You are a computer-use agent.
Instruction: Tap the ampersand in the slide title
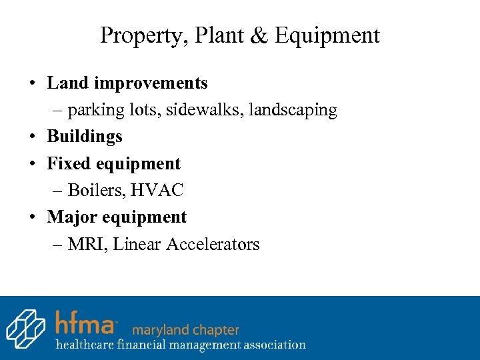pyautogui.click(x=258, y=35)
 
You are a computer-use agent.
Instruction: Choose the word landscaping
pyautogui.click(x=293, y=110)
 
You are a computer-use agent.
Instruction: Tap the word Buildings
pyautogui.click(x=85, y=137)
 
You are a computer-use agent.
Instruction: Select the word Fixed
pyautogui.click(x=69, y=163)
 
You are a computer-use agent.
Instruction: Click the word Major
pyautogui.click(x=70, y=217)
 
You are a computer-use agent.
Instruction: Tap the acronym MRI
pyautogui.click(x=85, y=244)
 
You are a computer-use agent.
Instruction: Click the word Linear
pyautogui.click(x=137, y=244)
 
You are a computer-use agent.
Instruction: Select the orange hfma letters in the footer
pyautogui.click(x=85, y=323)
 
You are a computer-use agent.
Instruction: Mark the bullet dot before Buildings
pyautogui.click(x=32, y=137)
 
